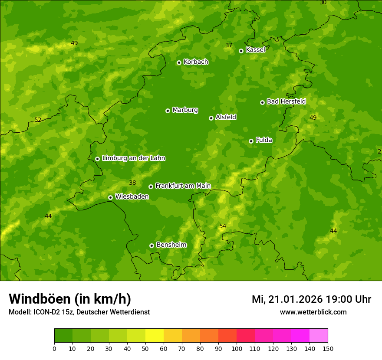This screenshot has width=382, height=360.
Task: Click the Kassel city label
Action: pos(255,50)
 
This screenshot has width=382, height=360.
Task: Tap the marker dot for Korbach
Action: pos(179,62)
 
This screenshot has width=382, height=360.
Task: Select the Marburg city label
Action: pos(185,110)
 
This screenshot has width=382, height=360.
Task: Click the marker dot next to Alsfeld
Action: pos(211,118)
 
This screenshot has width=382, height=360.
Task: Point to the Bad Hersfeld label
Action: pos(286,101)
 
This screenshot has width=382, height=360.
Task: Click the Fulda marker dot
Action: pos(251,141)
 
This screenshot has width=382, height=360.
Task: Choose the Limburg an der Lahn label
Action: pos(133,158)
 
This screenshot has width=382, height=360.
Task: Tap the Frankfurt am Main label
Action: pos(183,186)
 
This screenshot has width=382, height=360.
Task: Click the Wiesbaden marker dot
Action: pos(110,197)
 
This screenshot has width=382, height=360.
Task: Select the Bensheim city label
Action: pos(171,245)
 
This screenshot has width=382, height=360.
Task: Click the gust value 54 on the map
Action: pos(223,226)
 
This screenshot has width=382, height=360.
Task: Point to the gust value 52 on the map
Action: pos(38,120)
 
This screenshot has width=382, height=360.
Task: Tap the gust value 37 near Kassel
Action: pos(229,46)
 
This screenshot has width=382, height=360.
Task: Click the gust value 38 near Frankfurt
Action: pos(132,183)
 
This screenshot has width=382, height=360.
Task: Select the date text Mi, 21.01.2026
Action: pos(286,299)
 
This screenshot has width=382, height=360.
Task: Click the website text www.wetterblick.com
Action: pos(313,312)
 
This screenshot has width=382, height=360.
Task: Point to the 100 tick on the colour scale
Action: pos(237,348)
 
